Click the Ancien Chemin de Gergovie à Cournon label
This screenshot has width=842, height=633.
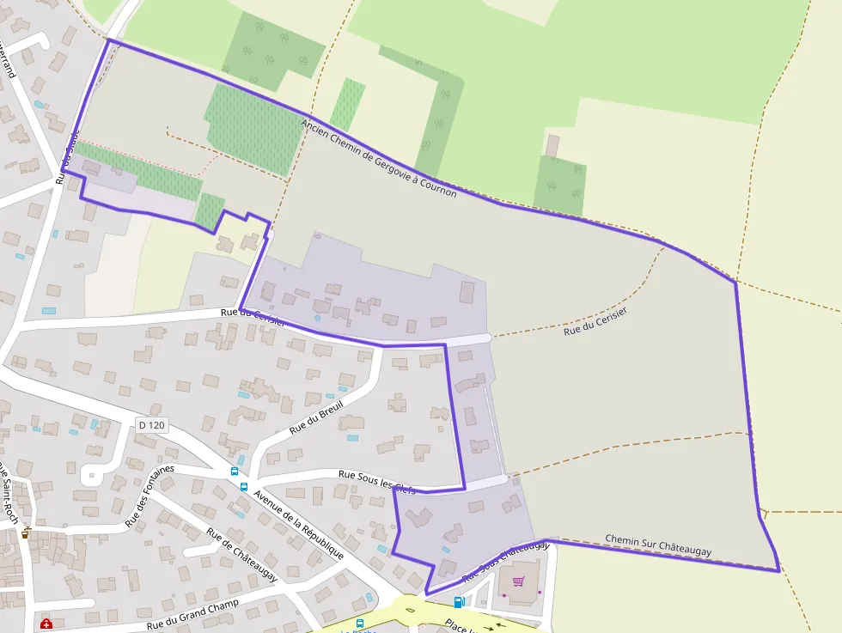[378, 158]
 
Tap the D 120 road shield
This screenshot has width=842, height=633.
[151, 425]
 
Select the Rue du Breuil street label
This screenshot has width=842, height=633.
[316, 417]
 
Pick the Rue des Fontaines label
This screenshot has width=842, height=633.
[149, 496]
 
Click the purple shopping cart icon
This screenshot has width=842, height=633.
[518, 581]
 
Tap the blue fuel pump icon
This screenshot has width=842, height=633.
[459, 602]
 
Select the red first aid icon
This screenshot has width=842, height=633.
[46, 623]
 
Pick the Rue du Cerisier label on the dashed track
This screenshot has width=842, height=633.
[595, 320]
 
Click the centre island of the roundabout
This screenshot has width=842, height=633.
[409, 612]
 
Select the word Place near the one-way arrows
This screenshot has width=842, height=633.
[460, 624]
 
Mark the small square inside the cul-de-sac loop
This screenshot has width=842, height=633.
[91, 473]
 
